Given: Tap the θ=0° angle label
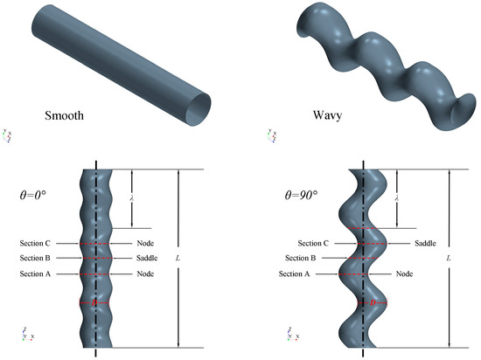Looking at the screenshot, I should pos(36,197).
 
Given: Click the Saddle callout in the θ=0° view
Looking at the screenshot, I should pos(148,258).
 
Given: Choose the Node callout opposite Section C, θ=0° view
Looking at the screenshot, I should pos(146,243).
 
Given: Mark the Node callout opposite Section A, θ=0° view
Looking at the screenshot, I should pos(146,274).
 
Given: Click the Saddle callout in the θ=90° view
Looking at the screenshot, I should pos(423,243).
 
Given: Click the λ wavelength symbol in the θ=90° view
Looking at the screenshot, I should pos(397,198).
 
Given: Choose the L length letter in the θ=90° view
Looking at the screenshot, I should pos(449,260).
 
